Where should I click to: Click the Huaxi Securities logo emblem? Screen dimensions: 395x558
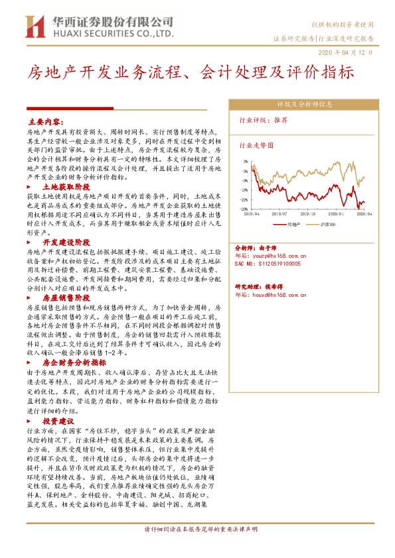32,27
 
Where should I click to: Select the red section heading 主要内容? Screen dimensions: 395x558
45,123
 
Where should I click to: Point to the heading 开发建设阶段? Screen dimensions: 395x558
66,243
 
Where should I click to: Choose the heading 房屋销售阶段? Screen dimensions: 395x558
66,298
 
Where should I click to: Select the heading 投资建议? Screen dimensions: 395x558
58,421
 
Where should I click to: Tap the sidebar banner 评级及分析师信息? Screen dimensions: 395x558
304,104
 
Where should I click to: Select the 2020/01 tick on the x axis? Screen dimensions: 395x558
336,213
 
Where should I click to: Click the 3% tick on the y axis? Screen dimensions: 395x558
245,161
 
